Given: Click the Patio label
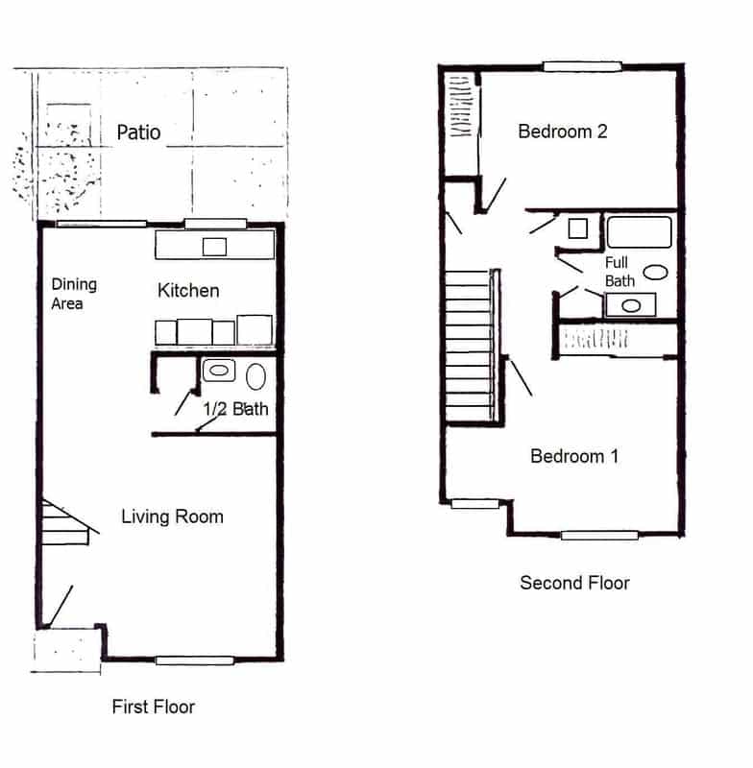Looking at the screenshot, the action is point(138,132).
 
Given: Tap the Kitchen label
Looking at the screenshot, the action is point(188,291).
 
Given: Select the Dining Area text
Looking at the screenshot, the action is point(74,294).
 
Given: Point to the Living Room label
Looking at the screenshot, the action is point(173,516).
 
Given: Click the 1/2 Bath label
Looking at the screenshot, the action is point(235,409).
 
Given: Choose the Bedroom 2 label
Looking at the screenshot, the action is point(563,132).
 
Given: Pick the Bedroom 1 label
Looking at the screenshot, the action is point(574,456).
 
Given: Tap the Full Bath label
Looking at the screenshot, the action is point(619,272).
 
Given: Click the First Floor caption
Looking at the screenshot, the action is point(154,707).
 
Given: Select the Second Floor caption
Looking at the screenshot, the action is point(574,583).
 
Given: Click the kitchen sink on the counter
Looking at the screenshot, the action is point(214,247).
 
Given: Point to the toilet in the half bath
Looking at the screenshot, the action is point(255,376).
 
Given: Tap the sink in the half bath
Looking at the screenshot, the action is point(218,371).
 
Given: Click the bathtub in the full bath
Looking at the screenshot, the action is point(640,232).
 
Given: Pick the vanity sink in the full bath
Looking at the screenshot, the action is point(631,305).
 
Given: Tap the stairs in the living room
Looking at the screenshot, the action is point(65,522).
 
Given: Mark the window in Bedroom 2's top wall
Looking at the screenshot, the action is point(582,66).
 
